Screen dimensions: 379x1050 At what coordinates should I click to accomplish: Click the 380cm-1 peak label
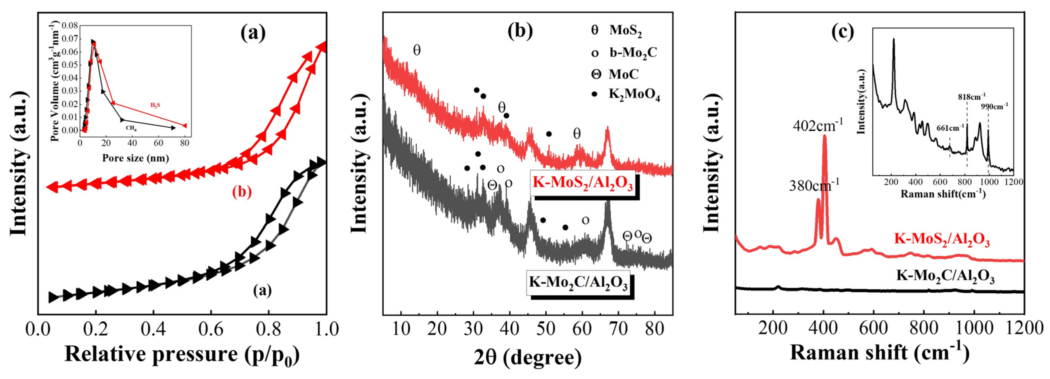[x=814, y=186]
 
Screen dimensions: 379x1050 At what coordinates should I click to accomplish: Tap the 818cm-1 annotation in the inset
[x=971, y=97]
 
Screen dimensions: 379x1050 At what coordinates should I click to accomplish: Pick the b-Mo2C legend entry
[x=632, y=53]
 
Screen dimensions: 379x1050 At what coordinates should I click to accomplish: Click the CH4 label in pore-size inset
[x=131, y=128]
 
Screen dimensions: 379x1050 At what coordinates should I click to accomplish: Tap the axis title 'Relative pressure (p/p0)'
[x=182, y=354]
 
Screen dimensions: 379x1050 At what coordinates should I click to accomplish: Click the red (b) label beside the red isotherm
[x=242, y=192]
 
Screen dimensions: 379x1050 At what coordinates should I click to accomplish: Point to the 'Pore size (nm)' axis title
[x=135, y=158]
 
